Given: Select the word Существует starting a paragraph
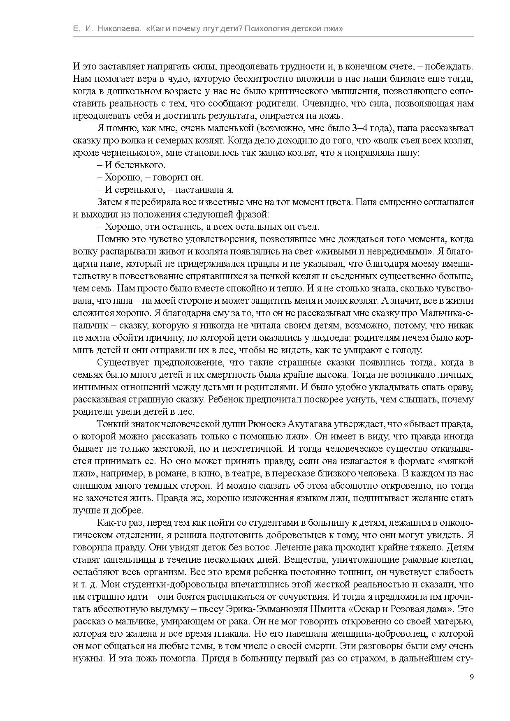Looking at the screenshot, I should coord(122,363).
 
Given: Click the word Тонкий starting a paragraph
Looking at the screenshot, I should coord(110,424).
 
